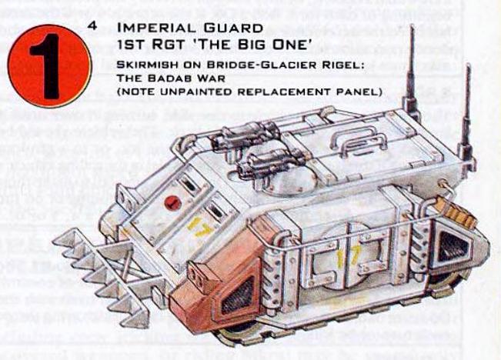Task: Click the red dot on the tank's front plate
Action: [172, 203]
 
